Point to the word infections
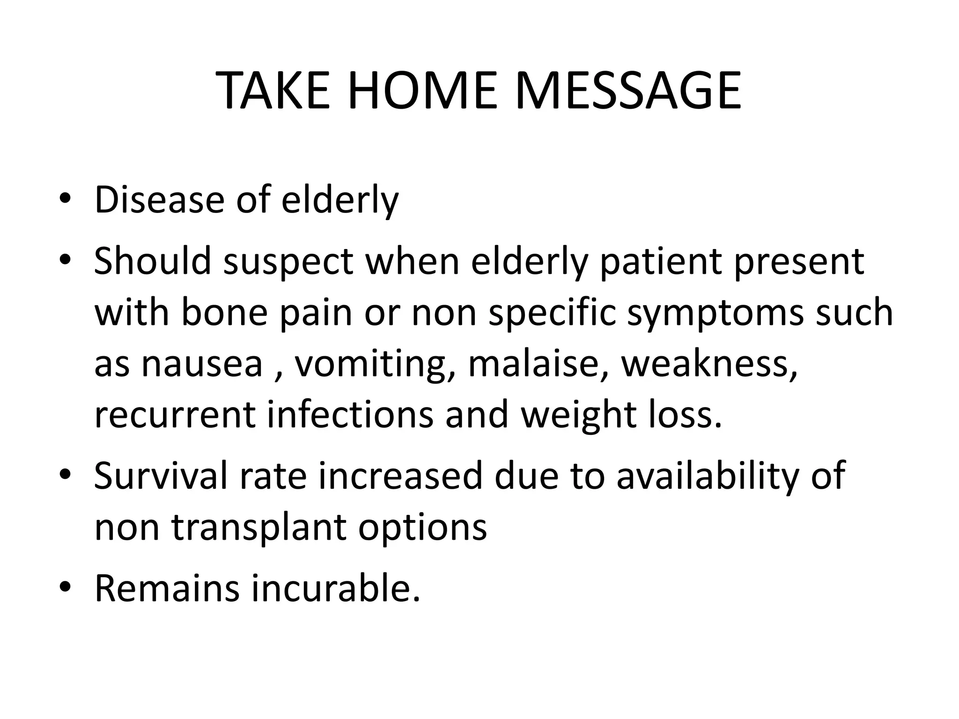(350, 415)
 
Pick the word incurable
(335, 588)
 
